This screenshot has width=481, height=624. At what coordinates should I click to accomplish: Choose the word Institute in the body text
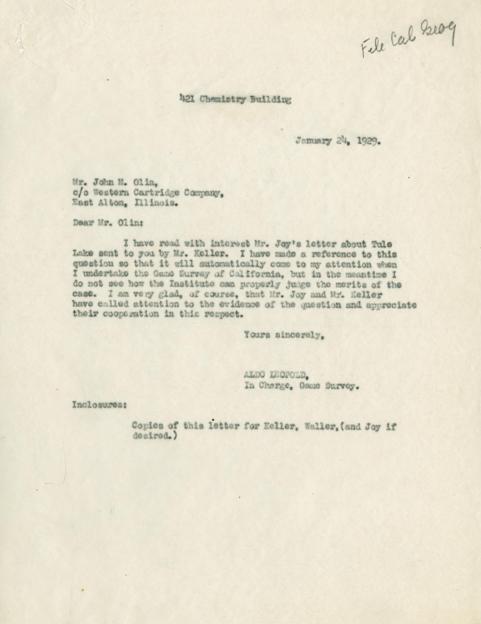pos(188,285)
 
